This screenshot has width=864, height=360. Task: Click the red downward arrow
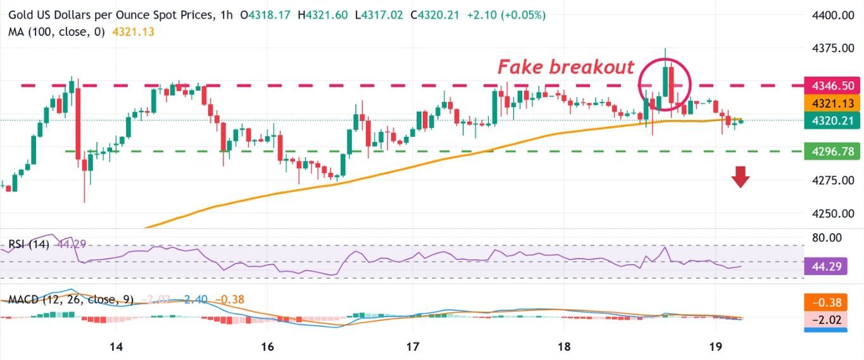740,177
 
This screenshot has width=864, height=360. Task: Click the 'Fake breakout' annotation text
565,67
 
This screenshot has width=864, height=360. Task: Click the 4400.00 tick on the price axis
834,15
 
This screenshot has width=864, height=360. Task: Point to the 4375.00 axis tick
834,48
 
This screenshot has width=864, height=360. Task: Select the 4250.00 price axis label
834,214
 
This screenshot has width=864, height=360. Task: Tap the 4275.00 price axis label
834,181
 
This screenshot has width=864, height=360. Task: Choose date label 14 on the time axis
116,347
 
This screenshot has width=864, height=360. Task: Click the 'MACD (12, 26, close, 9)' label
70,299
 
